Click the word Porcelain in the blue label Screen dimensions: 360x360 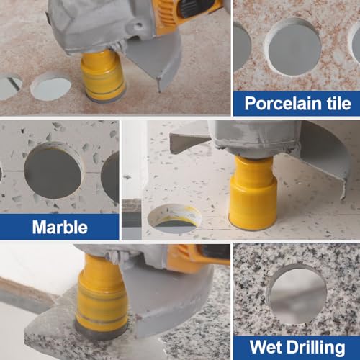click(x=282, y=103)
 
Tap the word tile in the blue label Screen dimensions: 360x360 click(x=337, y=103)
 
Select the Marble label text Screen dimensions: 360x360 click(x=60, y=228)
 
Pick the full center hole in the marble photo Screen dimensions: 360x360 click(x=53, y=171)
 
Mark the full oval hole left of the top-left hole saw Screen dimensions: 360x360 click(x=50, y=86)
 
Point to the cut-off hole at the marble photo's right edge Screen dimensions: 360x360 click(x=112, y=176)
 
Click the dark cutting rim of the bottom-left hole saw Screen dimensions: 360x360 click(x=101, y=332)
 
